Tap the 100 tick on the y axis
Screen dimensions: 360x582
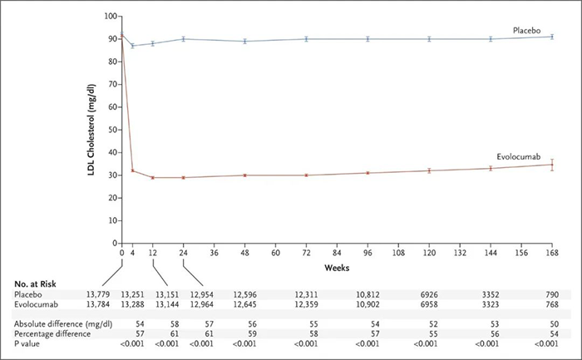(108, 17)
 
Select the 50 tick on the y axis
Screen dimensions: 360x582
(111, 130)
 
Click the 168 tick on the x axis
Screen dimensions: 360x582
(552, 253)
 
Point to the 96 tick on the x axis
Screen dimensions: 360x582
(367, 253)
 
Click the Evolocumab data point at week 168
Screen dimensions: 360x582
(552, 165)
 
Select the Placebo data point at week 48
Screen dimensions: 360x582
(244, 41)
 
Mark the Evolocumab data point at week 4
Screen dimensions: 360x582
(132, 171)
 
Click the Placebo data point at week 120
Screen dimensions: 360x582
(429, 39)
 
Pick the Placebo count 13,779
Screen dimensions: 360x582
(93, 294)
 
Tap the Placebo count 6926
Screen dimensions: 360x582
(430, 294)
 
